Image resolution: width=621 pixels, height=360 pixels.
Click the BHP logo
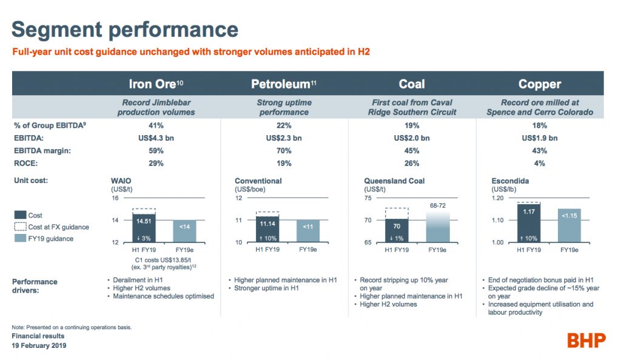coord(586,340)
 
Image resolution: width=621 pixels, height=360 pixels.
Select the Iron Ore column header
coord(155,84)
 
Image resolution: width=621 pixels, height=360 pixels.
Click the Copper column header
coord(540,84)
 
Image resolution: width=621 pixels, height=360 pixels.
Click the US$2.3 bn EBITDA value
coord(283,138)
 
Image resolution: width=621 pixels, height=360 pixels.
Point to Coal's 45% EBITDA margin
coord(412,151)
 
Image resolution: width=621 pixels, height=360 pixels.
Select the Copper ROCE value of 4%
coord(540,164)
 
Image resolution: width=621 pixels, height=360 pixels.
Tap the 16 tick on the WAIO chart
coord(115,198)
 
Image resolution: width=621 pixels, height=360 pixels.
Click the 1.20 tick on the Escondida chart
coord(498,198)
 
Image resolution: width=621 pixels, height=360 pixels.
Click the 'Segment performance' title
coord(125,29)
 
